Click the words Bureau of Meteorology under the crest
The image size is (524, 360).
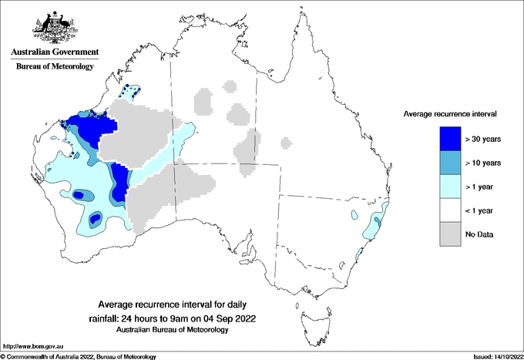pyautogui.click(x=55, y=67)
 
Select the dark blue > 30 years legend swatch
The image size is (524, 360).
pyautogui.click(x=450, y=139)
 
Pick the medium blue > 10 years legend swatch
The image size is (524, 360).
pyautogui.click(x=450, y=163)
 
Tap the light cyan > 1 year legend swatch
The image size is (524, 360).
pyautogui.click(x=450, y=186)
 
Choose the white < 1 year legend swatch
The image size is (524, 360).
pyautogui.click(x=450, y=210)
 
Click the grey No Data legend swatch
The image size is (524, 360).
pyautogui.click(x=450, y=234)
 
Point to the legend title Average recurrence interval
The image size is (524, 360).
pyautogui.click(x=450, y=114)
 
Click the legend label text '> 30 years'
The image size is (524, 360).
pyautogui.click(x=483, y=140)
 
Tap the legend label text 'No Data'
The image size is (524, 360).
pyautogui.click(x=479, y=234)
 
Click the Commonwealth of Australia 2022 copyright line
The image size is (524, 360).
pyautogui.click(x=79, y=356)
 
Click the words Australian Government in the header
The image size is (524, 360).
pyautogui.click(x=55, y=52)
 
